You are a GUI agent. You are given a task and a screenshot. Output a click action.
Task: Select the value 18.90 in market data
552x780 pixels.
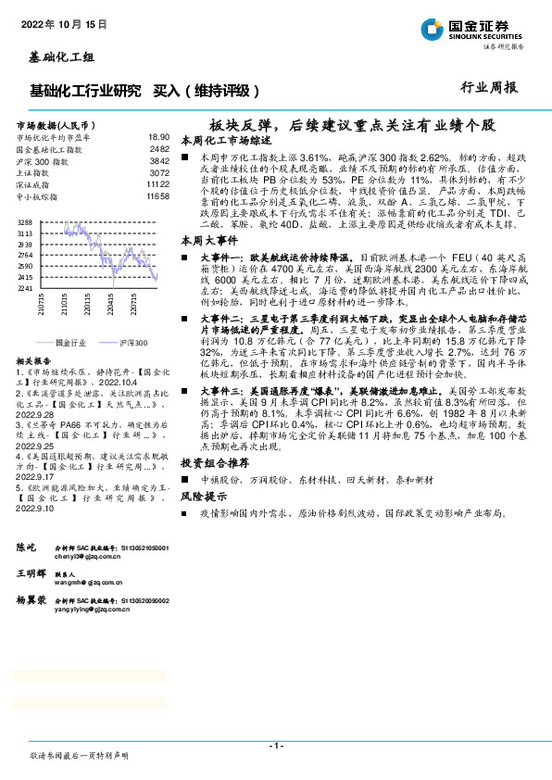159,136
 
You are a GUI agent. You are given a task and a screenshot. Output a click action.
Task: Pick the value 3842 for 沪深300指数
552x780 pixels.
159,160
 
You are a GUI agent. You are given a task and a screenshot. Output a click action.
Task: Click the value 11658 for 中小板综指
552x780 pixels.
157,196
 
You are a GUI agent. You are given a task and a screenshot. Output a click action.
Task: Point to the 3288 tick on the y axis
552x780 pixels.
26,223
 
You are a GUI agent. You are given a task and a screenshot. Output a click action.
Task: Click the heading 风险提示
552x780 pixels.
204,497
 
